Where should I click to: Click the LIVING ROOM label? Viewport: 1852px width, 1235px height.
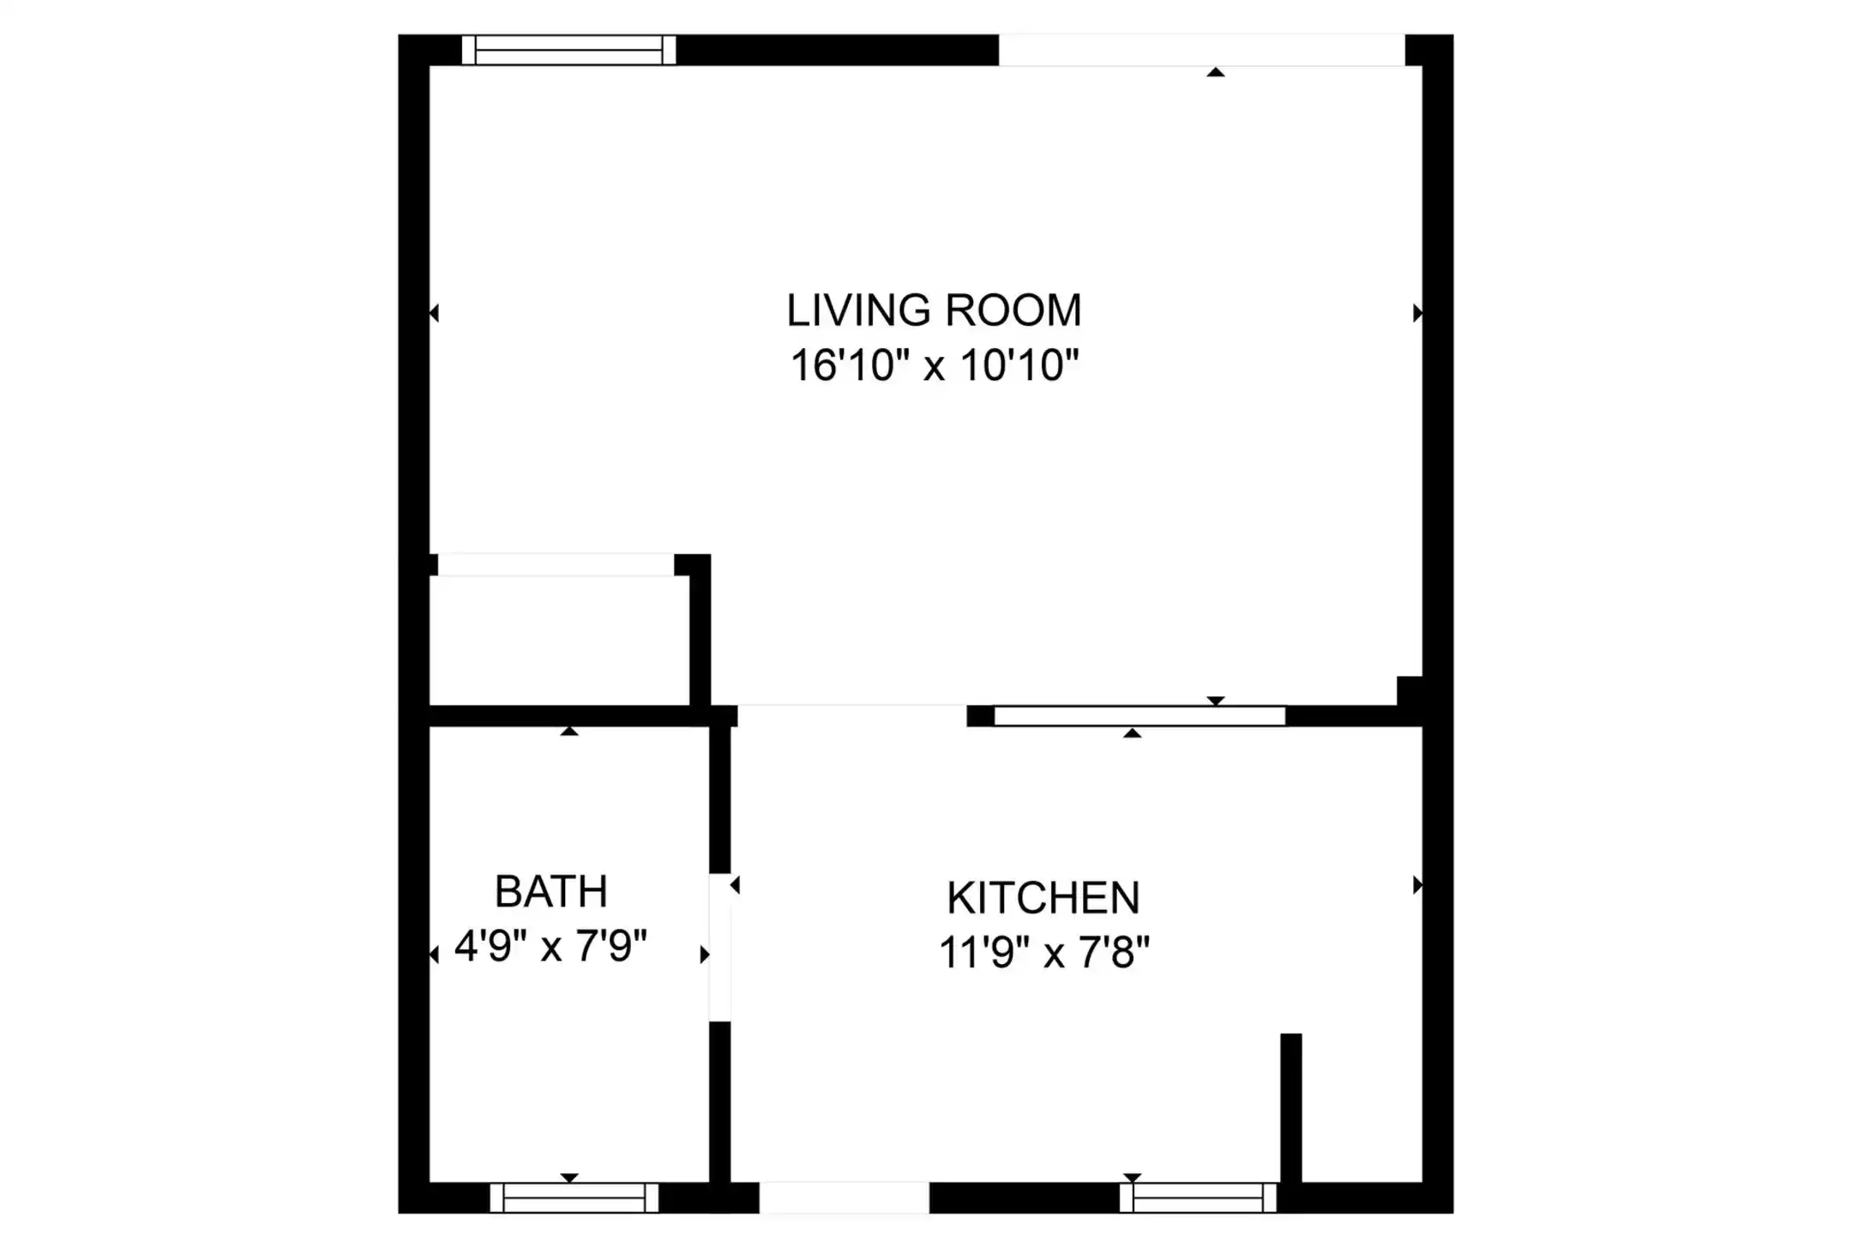pos(934,310)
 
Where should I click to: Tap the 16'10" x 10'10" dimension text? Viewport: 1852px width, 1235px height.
pos(934,365)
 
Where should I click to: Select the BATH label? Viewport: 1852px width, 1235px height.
pos(551,891)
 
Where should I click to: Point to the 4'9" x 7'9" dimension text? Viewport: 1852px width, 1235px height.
pos(550,946)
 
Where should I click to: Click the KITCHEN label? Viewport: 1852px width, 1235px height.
pos(1043,898)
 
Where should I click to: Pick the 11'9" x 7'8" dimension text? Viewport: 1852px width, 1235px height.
pos(1044,952)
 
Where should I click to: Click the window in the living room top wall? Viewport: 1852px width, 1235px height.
pos(569,50)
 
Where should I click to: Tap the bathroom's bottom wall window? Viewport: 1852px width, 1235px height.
pos(574,1197)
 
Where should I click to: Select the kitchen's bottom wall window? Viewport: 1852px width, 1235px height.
pos(1199,1197)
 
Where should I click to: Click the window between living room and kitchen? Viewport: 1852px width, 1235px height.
pos(1139,716)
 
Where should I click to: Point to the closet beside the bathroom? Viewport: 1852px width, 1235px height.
pos(559,640)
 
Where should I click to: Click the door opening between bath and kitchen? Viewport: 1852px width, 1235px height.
pos(719,948)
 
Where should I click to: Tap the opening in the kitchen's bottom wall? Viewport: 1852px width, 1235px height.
pos(844,1197)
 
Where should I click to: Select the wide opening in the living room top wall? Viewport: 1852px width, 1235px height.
pos(1202,50)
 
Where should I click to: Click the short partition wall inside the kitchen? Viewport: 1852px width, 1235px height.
pos(1291,1108)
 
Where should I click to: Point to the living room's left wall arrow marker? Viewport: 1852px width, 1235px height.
pos(434,313)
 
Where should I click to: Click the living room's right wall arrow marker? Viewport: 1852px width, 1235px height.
pos(1417,313)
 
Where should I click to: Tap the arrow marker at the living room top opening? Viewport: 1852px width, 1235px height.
pos(1216,72)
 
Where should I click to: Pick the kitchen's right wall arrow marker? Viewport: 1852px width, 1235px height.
pos(1417,885)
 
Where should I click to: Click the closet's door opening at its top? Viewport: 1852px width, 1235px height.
pos(556,564)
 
